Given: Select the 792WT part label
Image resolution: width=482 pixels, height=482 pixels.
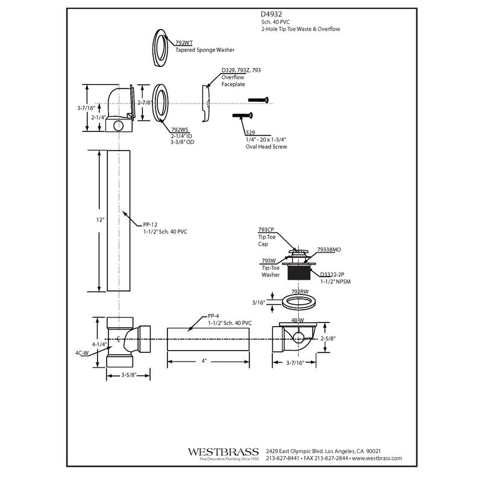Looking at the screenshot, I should (x=184, y=42).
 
